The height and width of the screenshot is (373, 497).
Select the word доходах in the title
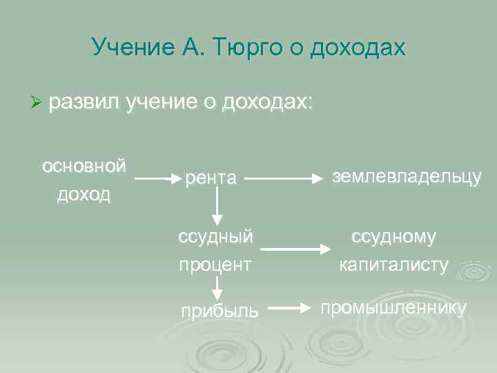click(x=358, y=47)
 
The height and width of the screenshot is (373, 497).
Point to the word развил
click(x=84, y=102)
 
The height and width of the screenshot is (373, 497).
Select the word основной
click(x=84, y=166)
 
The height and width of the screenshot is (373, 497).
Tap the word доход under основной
click(x=84, y=194)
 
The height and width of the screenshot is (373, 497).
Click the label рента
click(x=211, y=178)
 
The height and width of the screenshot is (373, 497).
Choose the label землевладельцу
click(x=407, y=176)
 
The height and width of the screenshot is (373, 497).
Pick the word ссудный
click(x=215, y=237)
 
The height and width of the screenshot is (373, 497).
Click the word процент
click(x=215, y=265)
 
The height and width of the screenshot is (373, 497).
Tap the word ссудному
click(x=394, y=237)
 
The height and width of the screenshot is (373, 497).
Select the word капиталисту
click(x=394, y=265)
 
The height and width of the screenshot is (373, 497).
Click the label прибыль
click(x=220, y=311)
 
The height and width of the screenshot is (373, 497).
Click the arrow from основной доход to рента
click(x=157, y=178)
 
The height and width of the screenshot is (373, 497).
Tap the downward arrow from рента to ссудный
click(x=217, y=205)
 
